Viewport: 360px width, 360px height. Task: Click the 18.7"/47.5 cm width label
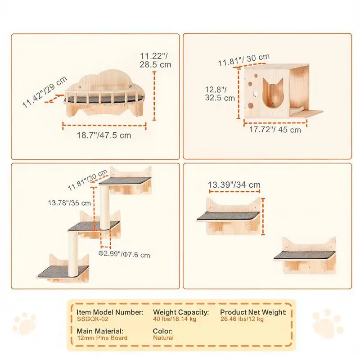tap(104, 135)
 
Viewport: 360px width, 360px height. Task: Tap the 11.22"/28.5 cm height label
tap(155, 60)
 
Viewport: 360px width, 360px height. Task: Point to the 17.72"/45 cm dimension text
tap(275, 130)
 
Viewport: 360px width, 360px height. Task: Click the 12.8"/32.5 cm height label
tap(220, 94)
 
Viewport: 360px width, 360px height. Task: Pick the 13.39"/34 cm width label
tap(234, 184)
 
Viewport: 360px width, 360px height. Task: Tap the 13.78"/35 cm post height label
tap(69, 203)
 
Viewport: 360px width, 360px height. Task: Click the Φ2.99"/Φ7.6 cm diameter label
tap(124, 254)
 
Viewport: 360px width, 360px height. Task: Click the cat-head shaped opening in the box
tap(273, 93)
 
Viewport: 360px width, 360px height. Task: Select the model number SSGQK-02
tap(93, 319)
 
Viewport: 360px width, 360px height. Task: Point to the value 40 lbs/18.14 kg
tap(175, 319)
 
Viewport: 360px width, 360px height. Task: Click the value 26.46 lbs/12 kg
tap(242, 319)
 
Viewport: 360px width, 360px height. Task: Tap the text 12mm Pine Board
tap(102, 338)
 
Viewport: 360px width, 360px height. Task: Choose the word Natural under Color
tap(163, 338)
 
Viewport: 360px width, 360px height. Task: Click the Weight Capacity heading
tap(181, 312)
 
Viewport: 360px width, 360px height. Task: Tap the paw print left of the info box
tap(25, 323)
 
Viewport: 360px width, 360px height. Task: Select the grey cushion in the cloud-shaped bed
tap(104, 99)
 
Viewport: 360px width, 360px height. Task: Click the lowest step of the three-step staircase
tap(63, 271)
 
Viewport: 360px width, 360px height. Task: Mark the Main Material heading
tap(100, 331)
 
